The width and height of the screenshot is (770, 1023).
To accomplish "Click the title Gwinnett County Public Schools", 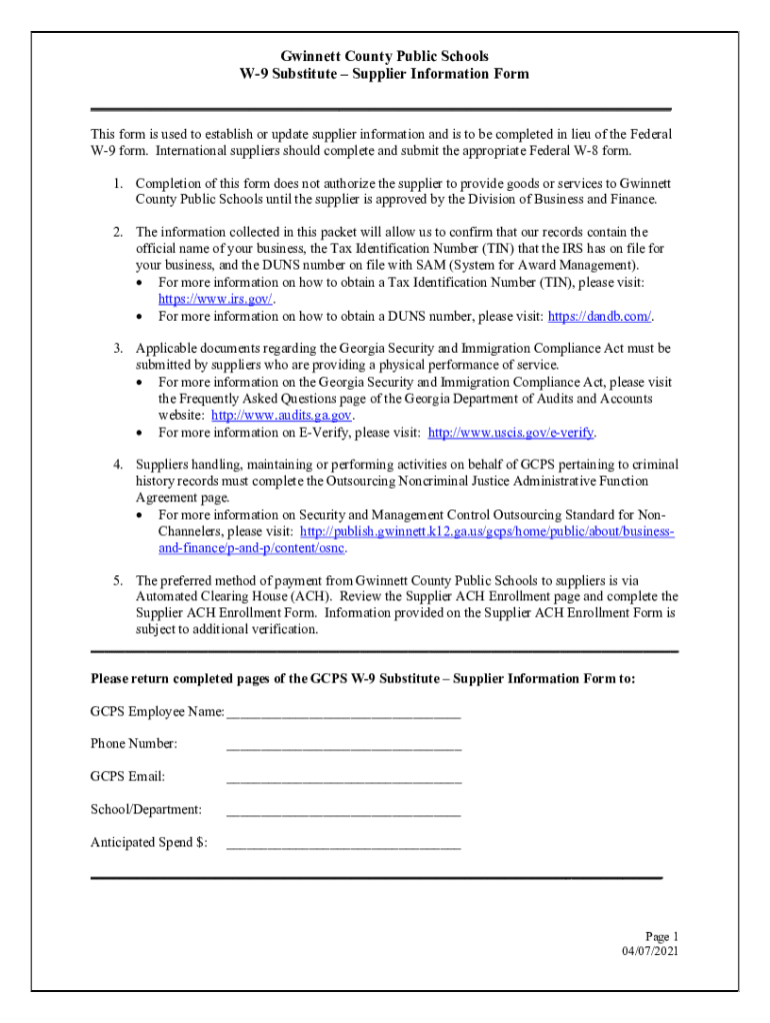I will click(385, 57).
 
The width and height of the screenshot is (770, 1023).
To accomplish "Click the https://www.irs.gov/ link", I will click(215, 300).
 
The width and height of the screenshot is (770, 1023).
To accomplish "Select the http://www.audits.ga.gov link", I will click(282, 416).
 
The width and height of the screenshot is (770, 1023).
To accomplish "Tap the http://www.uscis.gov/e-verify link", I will click(511, 433).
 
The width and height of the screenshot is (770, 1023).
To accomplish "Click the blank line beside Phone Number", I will click(343, 744).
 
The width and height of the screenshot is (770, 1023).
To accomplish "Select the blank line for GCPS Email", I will click(343, 777).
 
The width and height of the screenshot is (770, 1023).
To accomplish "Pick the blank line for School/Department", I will click(343, 810).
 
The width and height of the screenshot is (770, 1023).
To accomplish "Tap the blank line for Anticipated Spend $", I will click(343, 843).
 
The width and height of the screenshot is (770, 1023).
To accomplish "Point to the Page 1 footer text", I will click(661, 936).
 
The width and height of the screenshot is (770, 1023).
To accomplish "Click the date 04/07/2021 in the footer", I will click(650, 951).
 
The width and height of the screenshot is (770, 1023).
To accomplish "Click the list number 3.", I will click(116, 349).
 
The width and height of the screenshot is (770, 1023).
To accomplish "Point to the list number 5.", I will click(116, 580).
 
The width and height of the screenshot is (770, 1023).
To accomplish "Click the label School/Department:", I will click(146, 809).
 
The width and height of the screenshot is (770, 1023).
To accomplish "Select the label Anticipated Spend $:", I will click(149, 842).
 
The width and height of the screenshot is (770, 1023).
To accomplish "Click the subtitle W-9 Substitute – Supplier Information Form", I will click(385, 75).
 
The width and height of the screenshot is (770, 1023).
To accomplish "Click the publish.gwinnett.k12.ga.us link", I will click(487, 531).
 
